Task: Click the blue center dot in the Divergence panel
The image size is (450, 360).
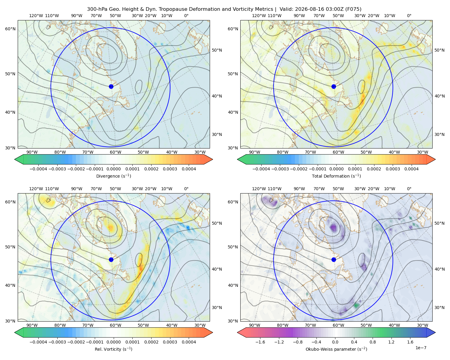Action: point(111,87)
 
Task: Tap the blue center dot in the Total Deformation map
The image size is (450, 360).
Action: point(334,87)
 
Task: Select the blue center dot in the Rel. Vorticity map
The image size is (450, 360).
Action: point(111,259)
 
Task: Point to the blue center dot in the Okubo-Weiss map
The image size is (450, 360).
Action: point(334,259)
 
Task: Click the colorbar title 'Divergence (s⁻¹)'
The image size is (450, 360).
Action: point(113,176)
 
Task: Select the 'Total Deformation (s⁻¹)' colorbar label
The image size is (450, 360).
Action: point(336,176)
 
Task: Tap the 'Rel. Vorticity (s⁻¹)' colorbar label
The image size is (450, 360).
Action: point(113,349)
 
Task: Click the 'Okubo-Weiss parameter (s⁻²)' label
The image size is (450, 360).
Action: point(336,349)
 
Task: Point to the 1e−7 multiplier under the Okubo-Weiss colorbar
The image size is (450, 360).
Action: point(421,348)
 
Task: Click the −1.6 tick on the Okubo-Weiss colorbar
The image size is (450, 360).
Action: point(260,342)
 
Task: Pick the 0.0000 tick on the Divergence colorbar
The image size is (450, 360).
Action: point(113,169)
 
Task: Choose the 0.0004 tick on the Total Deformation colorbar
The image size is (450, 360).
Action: point(411,169)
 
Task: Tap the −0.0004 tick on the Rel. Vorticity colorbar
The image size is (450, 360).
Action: point(38,342)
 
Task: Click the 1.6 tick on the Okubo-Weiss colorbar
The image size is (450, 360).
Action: point(410,342)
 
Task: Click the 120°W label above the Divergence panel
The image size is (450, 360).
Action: point(36,16)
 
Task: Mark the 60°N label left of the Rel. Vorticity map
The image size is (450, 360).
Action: point(10,202)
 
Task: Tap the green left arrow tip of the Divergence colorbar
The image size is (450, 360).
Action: point(15,160)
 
